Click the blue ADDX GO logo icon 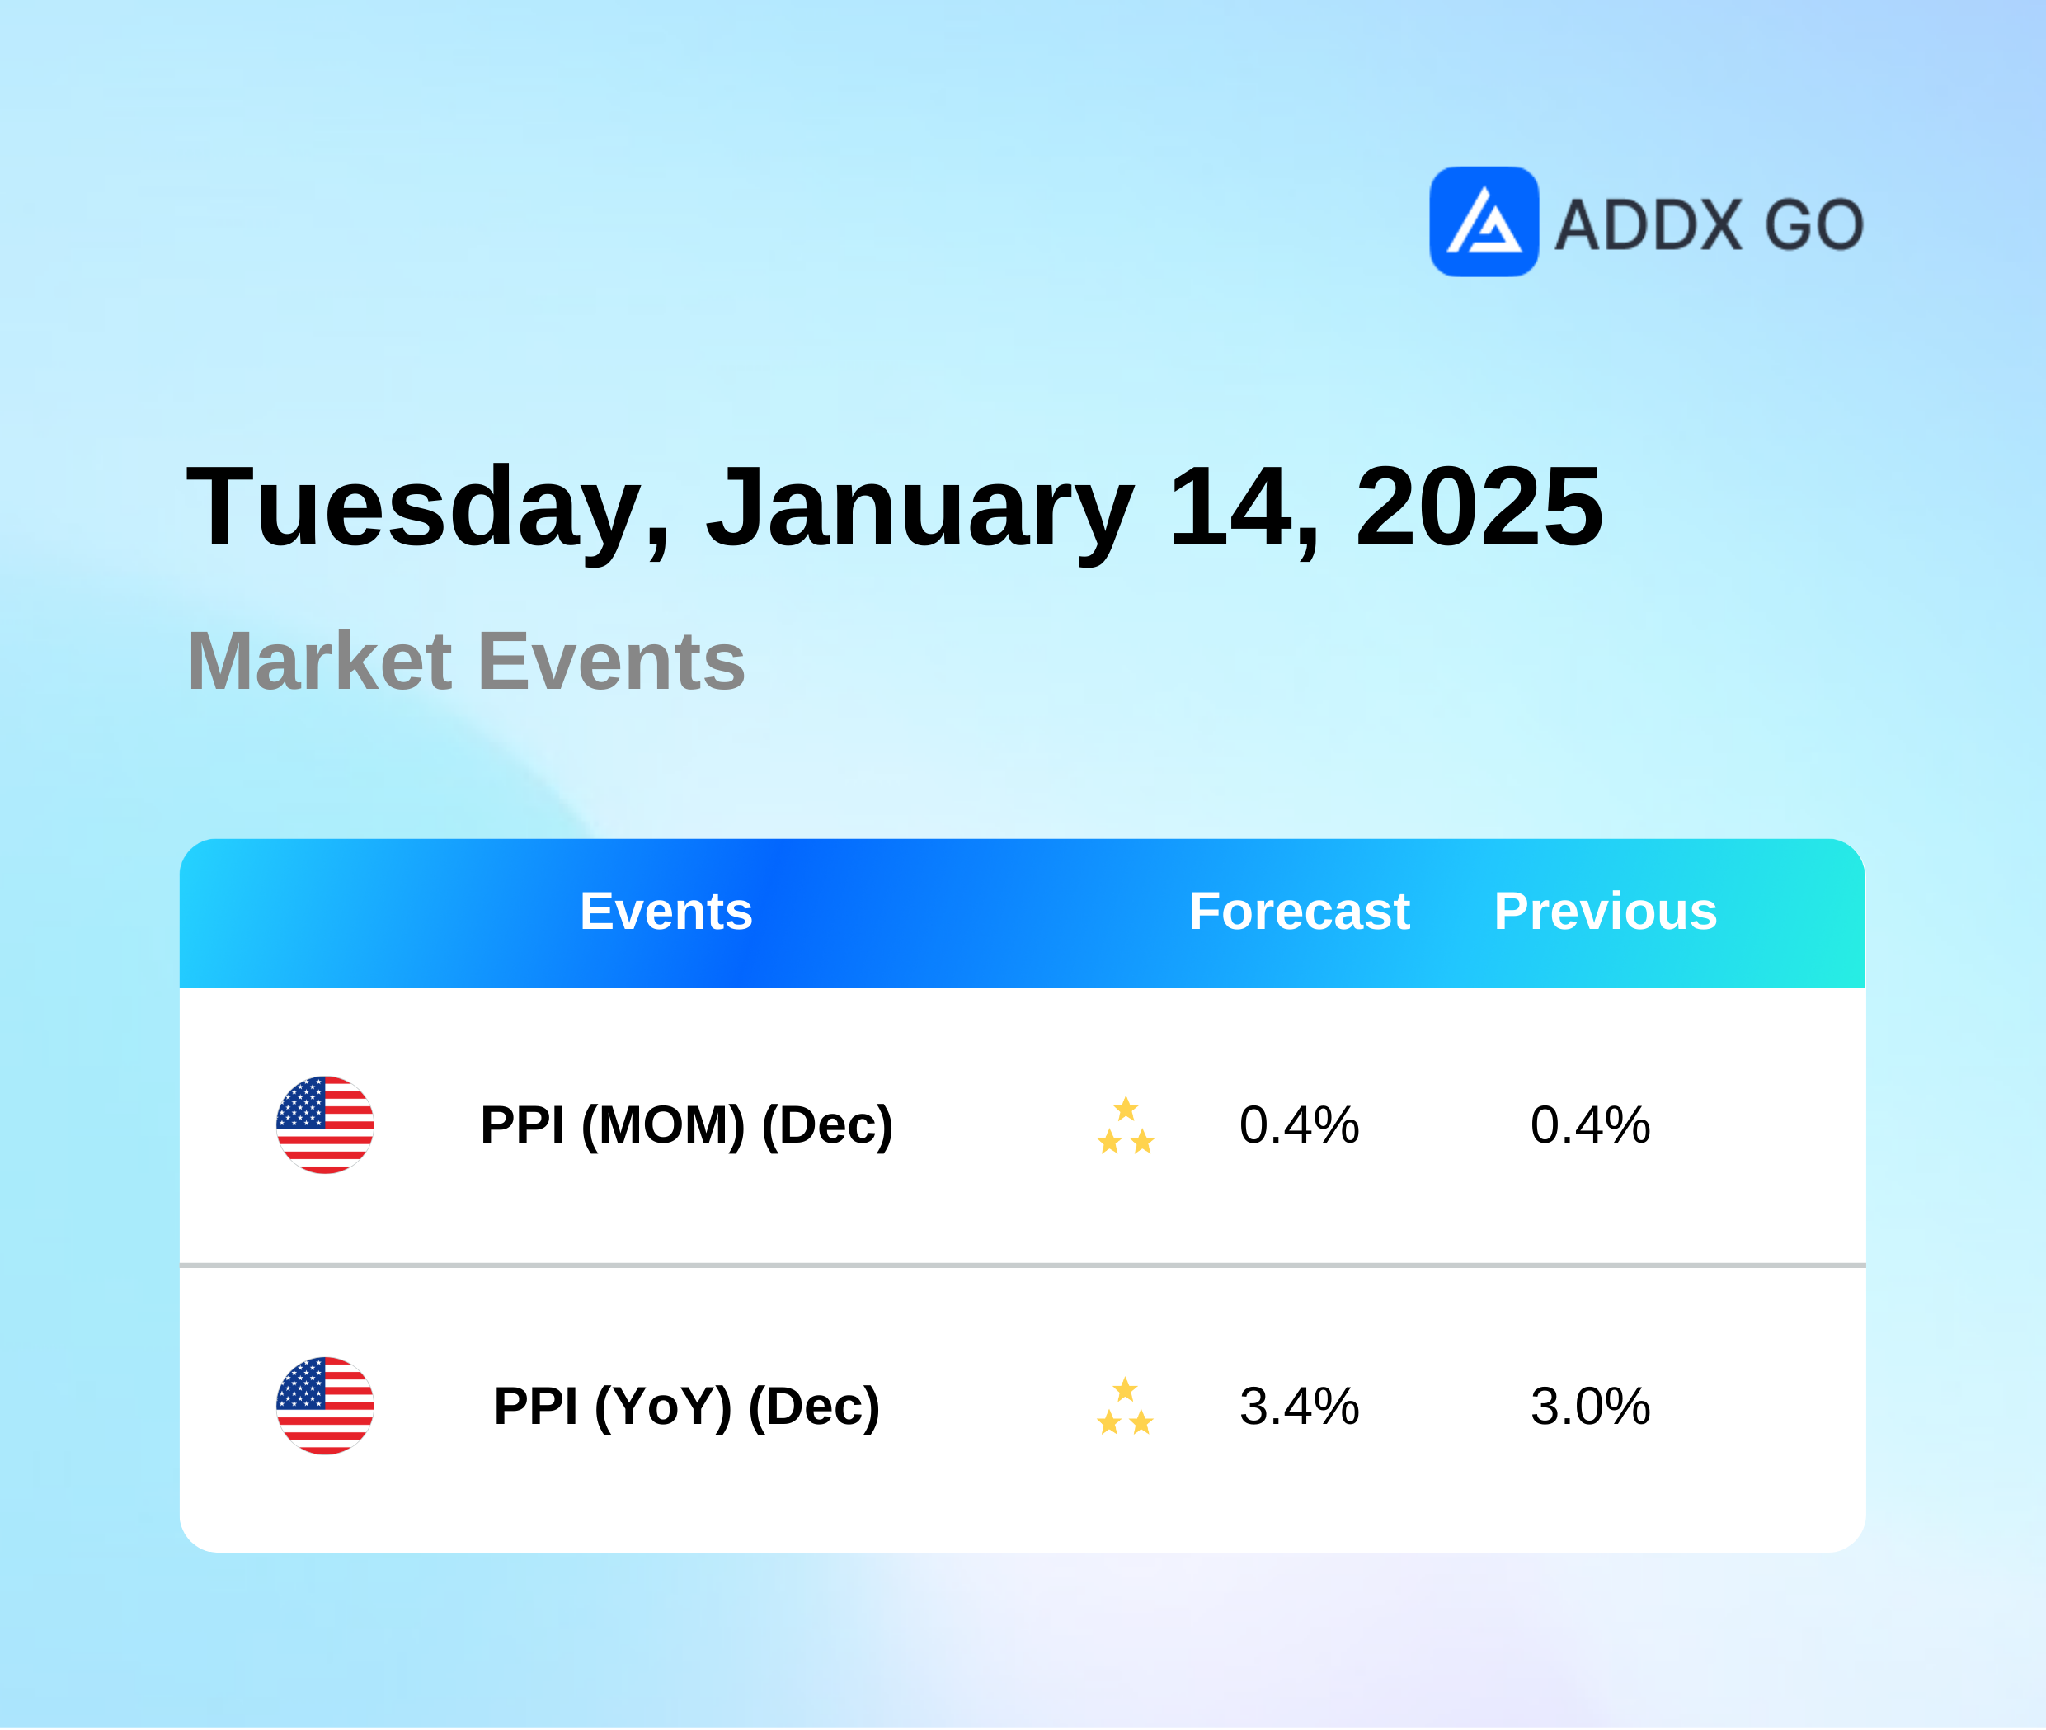click(1484, 222)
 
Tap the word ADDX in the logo click(1648, 224)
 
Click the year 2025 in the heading click(1479, 506)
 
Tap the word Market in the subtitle click(320, 661)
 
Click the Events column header click(666, 911)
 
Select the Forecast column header click(1299, 911)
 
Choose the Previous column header click(1606, 911)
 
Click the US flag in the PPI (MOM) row click(324, 1124)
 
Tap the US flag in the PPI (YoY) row click(324, 1406)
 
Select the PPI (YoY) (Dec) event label click(686, 1407)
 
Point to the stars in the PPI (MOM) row click(1126, 1125)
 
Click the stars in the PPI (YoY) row click(1126, 1407)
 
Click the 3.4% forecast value click(1299, 1407)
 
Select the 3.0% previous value click(1590, 1407)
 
